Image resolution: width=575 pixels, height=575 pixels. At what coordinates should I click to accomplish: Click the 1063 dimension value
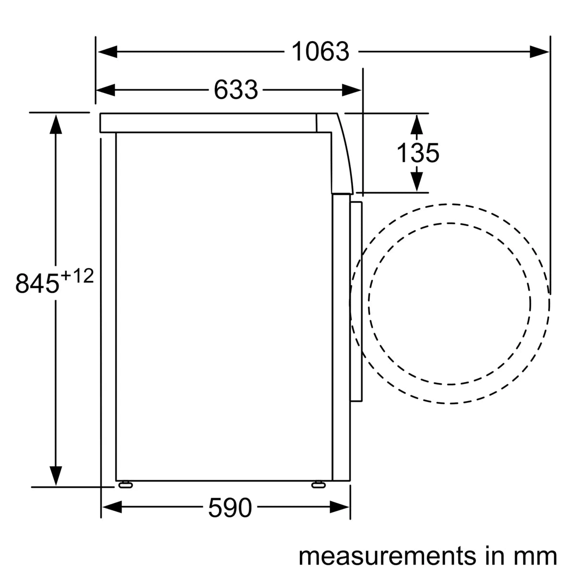click(320, 52)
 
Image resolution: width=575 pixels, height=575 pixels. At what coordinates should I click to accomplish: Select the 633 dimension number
click(236, 90)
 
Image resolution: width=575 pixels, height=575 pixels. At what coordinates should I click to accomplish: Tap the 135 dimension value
click(417, 153)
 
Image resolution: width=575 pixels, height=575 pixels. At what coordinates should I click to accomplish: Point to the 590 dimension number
click(230, 508)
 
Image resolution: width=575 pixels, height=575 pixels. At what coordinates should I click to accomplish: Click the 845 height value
click(37, 284)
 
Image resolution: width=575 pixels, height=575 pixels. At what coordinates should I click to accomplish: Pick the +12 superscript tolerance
click(77, 276)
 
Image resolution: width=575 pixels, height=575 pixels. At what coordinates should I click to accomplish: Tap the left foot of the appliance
click(126, 485)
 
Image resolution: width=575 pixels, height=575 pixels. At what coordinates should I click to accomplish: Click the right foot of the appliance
click(318, 485)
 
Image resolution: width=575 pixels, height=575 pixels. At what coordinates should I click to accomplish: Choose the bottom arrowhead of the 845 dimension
click(56, 475)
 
